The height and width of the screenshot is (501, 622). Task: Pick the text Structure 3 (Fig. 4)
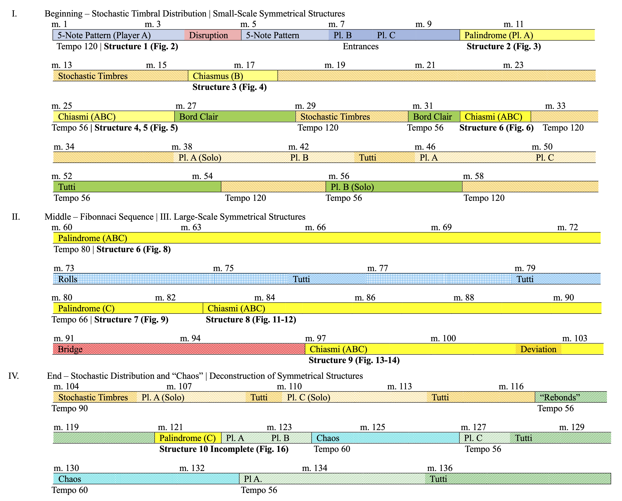(x=229, y=87)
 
